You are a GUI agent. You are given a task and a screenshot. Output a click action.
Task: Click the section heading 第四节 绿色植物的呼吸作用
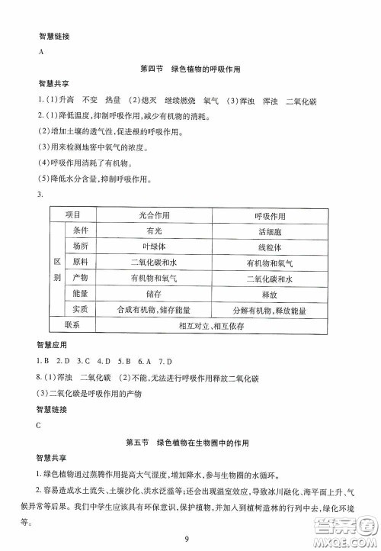190,69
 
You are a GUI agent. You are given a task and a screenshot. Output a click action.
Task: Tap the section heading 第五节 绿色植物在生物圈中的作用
190,443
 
